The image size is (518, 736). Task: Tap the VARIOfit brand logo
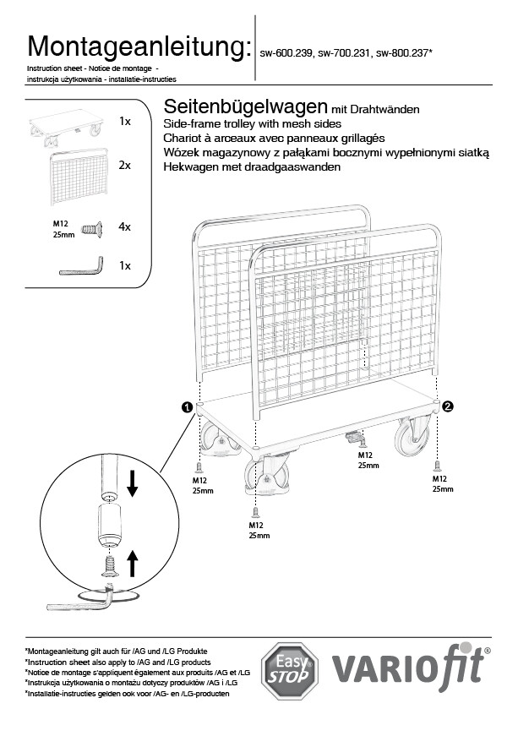(411, 668)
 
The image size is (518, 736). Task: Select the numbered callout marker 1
(186, 407)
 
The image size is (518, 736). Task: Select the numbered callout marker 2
(448, 406)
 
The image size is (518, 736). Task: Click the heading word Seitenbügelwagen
(244, 107)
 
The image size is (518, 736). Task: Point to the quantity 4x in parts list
(124, 227)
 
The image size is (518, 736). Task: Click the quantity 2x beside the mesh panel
(124, 166)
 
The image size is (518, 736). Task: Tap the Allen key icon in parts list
(81, 266)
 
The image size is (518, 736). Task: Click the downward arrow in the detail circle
(131, 483)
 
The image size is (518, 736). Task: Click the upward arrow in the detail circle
(131, 563)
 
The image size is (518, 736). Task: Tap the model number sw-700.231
(344, 52)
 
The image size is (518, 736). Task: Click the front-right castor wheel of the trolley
(413, 436)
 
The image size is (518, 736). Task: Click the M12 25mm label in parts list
(63, 228)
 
